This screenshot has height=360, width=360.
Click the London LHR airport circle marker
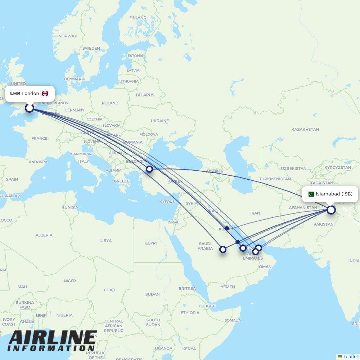tap(29, 108)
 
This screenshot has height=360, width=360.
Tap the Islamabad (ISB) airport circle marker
tap(331, 210)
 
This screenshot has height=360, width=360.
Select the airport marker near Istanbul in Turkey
tap(149, 169)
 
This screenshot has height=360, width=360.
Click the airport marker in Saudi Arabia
tap(223, 249)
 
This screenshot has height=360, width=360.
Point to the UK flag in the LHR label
tap(45, 94)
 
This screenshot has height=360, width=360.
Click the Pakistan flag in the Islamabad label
tap(311, 194)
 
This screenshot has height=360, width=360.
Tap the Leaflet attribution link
tap(350, 356)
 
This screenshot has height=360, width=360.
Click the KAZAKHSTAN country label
tap(305, 129)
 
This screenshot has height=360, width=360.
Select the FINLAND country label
tap(138, 18)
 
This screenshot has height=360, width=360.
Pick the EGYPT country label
tap(152, 243)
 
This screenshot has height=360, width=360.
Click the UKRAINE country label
tap(159, 121)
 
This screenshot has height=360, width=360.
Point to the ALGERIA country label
tap(44, 235)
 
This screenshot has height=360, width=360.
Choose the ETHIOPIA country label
tap(190, 312)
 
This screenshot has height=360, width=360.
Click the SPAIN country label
tap(12, 179)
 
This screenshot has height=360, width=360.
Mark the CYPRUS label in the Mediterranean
tap(167, 202)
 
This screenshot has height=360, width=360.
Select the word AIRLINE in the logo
tap(53, 338)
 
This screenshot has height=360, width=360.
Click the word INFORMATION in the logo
tap(51, 348)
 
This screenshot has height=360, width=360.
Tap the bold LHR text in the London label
tap(15, 94)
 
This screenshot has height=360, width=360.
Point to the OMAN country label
tap(265, 267)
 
